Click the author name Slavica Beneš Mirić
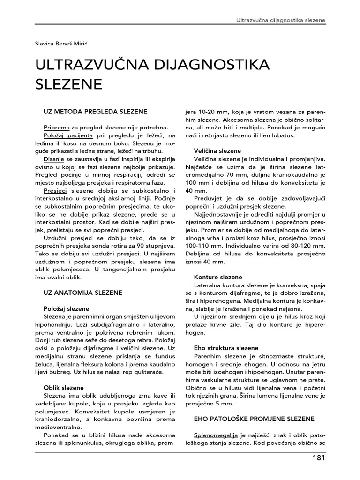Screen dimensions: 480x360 point(65,43)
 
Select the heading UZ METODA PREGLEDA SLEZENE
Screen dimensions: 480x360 point(95,111)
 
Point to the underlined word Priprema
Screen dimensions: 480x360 point(57,127)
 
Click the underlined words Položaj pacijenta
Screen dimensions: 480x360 point(66,135)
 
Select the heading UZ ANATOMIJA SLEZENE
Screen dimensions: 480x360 point(82,292)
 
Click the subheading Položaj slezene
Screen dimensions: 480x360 point(66,308)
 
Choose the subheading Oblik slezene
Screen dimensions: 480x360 point(64,388)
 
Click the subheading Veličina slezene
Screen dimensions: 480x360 point(217,151)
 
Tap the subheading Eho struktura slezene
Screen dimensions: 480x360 point(226,348)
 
